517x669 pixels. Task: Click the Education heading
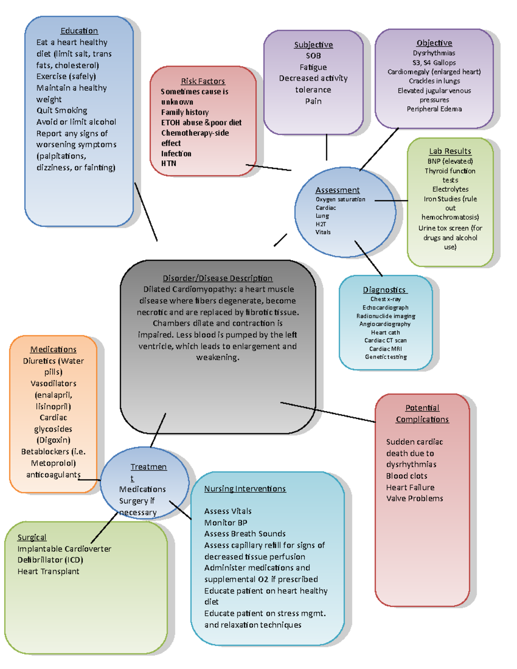pyautogui.click(x=79, y=31)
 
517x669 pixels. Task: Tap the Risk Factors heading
pyautogui.click(x=202, y=81)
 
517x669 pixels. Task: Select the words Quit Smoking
pyautogui.click(x=62, y=111)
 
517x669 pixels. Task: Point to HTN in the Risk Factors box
pyautogui.click(x=168, y=163)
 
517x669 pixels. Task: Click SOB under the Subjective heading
pyautogui.click(x=313, y=56)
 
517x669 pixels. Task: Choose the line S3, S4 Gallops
pyautogui.click(x=434, y=62)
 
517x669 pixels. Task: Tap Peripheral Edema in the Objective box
pyautogui.click(x=434, y=109)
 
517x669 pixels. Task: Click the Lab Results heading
pyautogui.click(x=450, y=151)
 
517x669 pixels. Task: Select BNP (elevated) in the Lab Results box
pyautogui.click(x=450, y=161)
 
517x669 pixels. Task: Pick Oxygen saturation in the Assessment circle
pyautogui.click(x=340, y=199)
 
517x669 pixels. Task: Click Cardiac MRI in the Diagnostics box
pyautogui.click(x=385, y=349)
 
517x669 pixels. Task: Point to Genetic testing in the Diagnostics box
pyautogui.click(x=386, y=357)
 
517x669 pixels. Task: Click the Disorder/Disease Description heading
pyautogui.click(x=218, y=278)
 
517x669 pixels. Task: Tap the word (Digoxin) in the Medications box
pyautogui.click(x=53, y=440)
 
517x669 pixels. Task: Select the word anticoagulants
pyautogui.click(x=53, y=475)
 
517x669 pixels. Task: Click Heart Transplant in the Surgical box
pyautogui.click(x=48, y=572)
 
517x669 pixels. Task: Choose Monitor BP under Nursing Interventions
pyautogui.click(x=226, y=523)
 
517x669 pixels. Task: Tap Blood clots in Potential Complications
pyautogui.click(x=407, y=476)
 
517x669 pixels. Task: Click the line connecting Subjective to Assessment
pyautogui.click(x=327, y=147)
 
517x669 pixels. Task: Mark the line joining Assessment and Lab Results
pyautogui.click(x=391, y=200)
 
